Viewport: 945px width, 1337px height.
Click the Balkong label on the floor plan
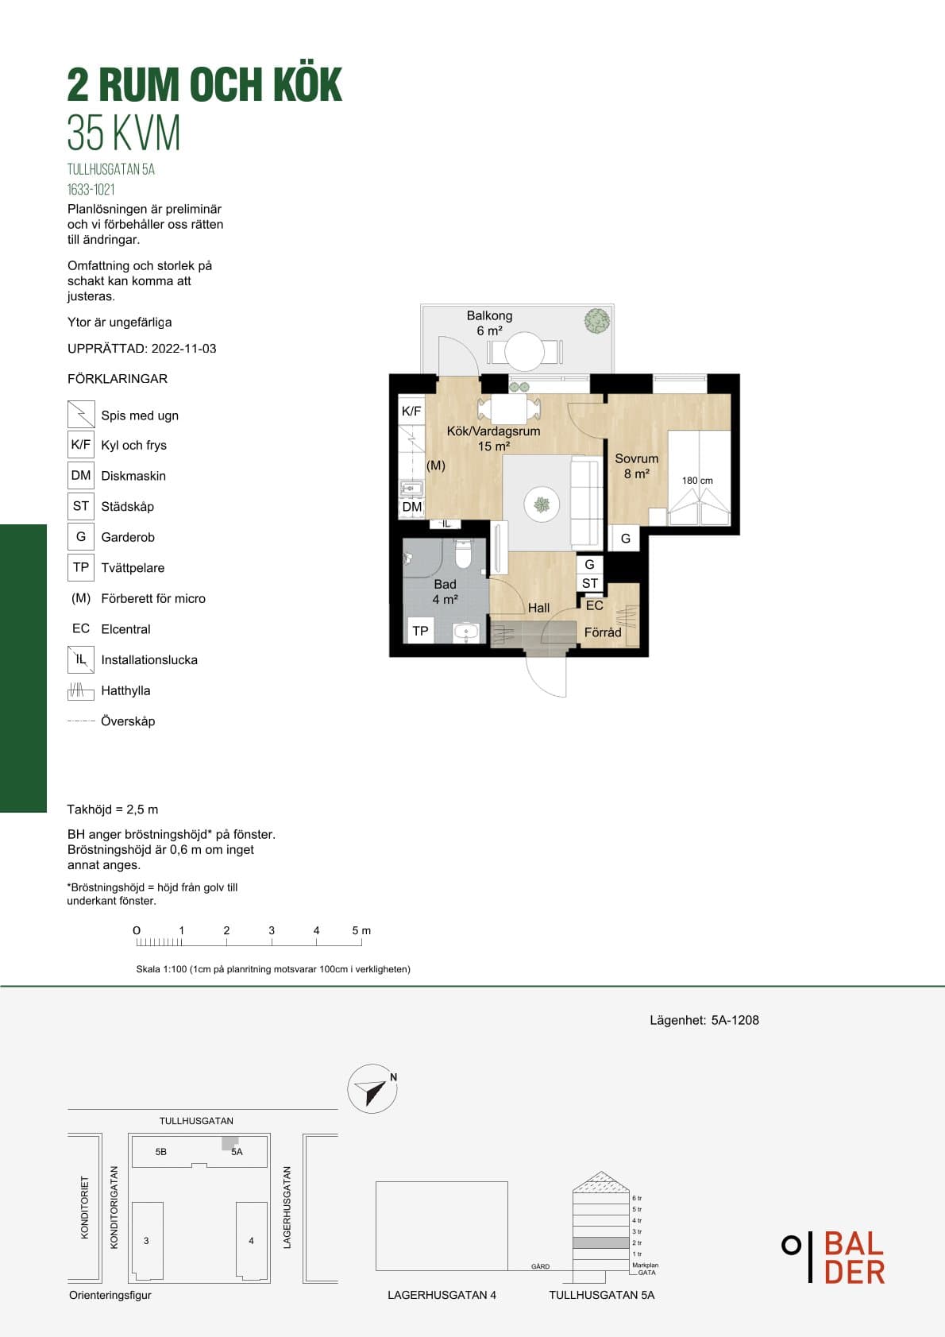coord(489,315)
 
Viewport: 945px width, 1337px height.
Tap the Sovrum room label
coord(637,458)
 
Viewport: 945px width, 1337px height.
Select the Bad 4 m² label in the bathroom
coord(445,592)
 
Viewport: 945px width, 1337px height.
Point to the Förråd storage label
coord(603,632)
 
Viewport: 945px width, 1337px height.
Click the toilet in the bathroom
coord(463,553)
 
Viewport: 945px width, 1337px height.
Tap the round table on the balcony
coord(524,351)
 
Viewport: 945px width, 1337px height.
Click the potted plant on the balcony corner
coord(596,320)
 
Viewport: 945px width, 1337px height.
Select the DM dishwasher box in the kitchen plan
coord(411,507)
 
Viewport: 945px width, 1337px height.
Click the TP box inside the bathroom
coord(420,631)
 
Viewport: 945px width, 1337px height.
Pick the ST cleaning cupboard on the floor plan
coord(589,583)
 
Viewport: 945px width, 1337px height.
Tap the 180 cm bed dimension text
coord(697,481)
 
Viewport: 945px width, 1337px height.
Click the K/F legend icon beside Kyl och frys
coord(81,445)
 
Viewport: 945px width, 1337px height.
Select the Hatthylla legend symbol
coord(81,691)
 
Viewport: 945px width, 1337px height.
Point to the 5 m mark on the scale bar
coord(361,930)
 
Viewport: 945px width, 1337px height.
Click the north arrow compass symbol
coord(372,1088)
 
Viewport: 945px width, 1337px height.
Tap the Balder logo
coord(834,1257)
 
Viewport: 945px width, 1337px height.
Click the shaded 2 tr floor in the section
coord(601,1243)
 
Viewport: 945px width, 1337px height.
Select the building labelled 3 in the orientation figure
coord(148,1241)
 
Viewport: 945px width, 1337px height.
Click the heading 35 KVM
coord(124,133)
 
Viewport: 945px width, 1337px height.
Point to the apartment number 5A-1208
coord(735,1020)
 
